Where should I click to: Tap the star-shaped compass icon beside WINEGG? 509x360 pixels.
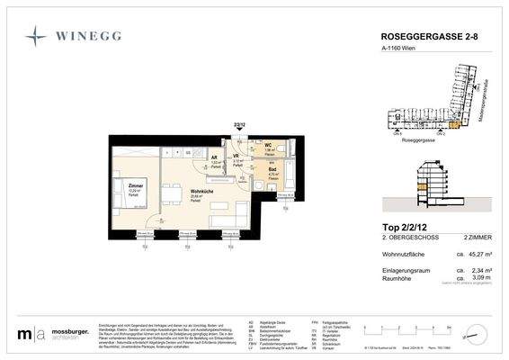37,37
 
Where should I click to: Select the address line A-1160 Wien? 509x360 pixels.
396,51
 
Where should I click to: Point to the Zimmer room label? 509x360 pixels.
123,184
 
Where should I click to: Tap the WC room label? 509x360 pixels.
268,144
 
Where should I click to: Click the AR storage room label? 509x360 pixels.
214,157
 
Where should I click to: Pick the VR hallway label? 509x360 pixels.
237,157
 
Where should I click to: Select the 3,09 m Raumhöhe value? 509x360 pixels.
477,279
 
